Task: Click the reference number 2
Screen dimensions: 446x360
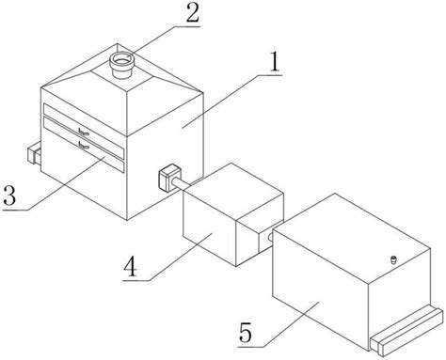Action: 193,14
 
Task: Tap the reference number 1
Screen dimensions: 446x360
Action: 275,62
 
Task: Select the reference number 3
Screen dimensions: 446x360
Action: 9,196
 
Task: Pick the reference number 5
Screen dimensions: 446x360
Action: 246,333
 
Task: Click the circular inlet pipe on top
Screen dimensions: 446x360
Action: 121,65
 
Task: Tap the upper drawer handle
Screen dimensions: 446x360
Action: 84,133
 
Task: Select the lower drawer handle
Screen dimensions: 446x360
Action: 84,145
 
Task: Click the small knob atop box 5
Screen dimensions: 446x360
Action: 394,259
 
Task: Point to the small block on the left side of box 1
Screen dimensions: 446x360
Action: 34,153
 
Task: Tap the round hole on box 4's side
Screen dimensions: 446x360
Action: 270,238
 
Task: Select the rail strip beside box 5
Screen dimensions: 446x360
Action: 407,332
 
